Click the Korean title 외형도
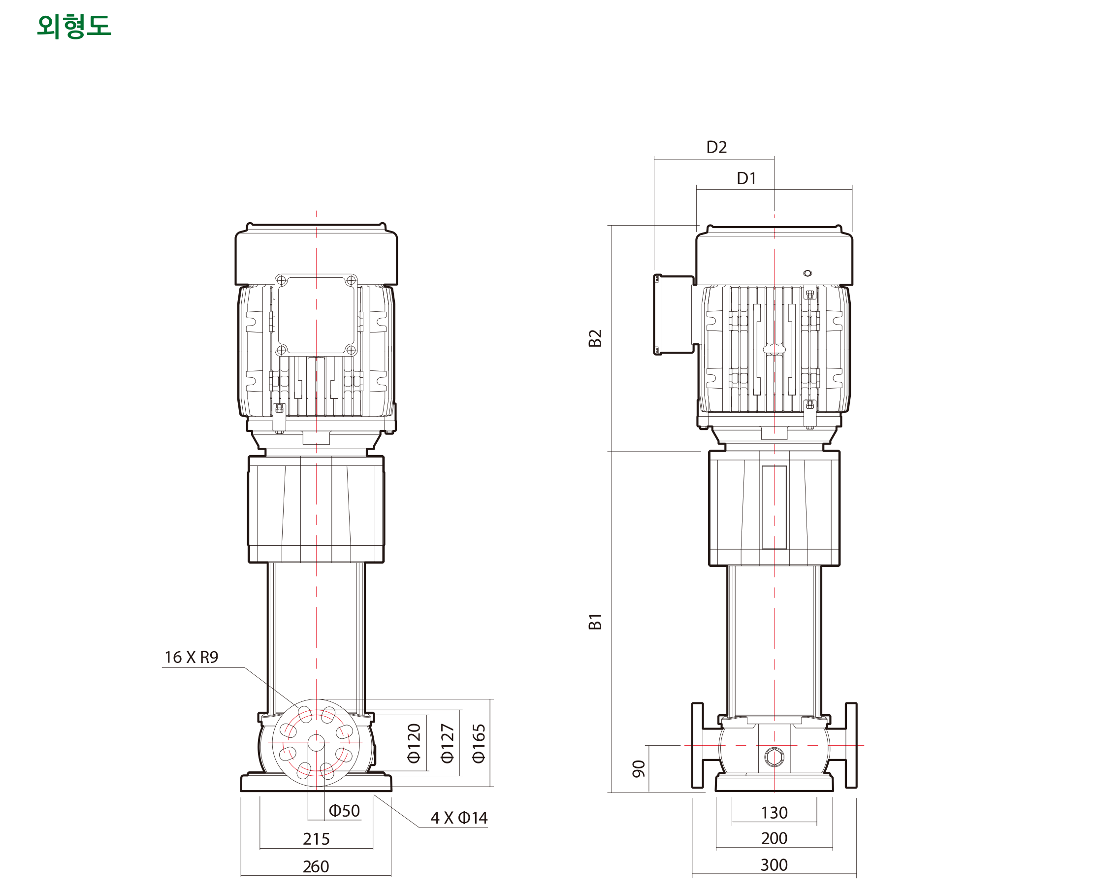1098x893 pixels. (74, 26)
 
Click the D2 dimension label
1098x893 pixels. (716, 147)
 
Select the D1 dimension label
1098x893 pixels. (746, 178)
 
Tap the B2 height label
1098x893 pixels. (595, 338)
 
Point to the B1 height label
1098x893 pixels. (595, 622)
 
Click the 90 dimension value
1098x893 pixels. (638, 768)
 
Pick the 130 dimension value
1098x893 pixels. (774, 813)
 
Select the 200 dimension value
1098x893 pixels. (774, 838)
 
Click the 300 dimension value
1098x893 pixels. (774, 865)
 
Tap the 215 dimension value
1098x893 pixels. (316, 839)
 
